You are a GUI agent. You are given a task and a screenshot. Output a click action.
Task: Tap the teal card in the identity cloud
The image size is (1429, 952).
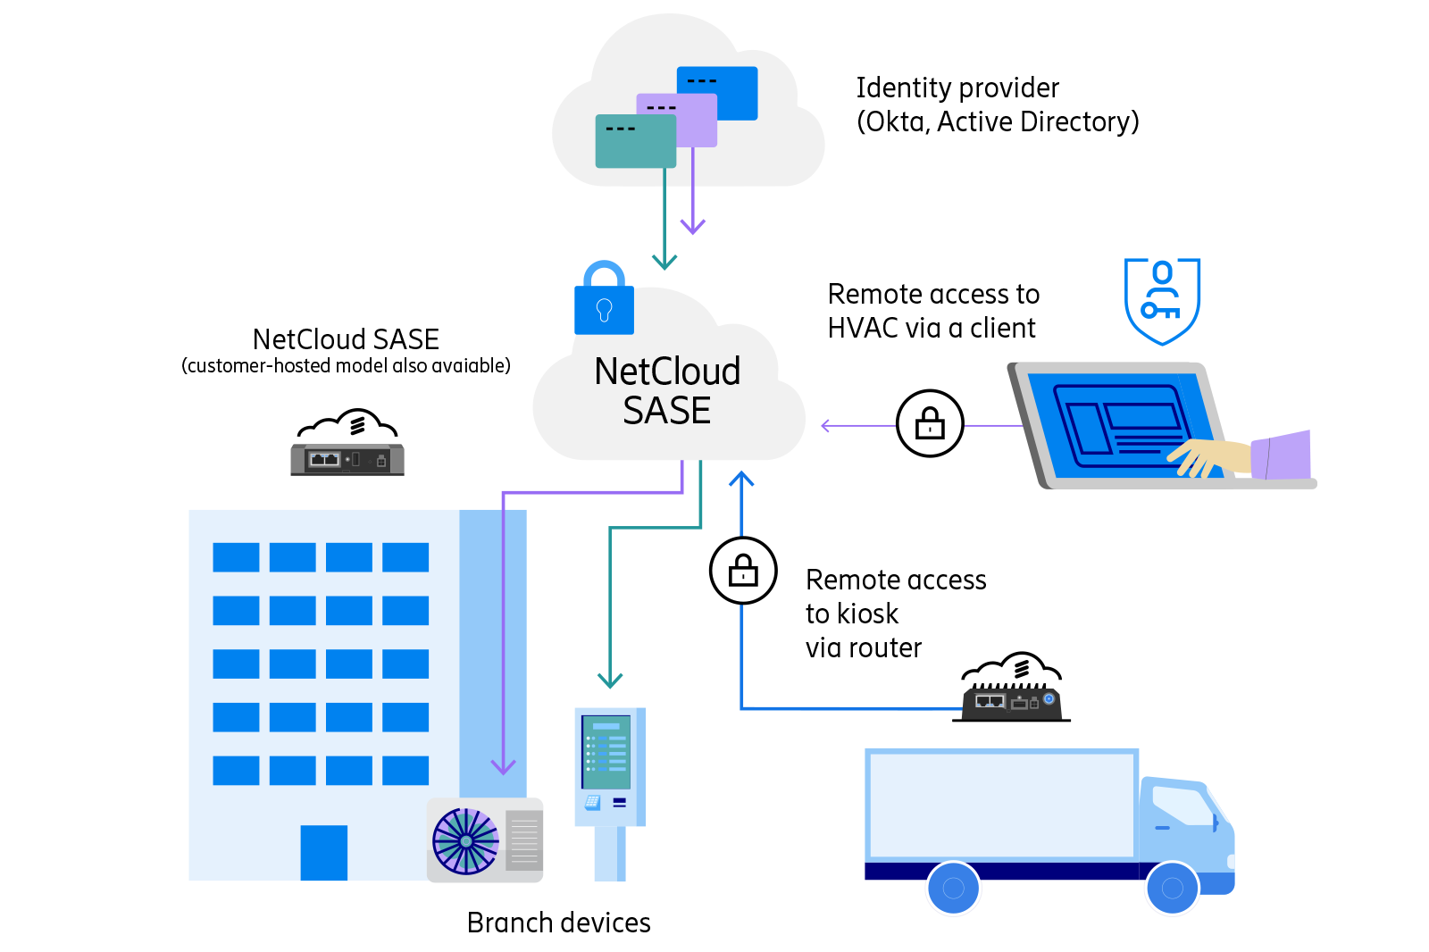tap(635, 141)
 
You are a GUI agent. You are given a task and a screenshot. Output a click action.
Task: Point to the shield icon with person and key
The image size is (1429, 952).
tap(1161, 301)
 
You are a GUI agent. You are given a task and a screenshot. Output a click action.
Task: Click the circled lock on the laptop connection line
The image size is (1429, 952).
tap(930, 423)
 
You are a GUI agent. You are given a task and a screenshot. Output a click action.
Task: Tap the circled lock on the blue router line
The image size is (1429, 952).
tap(743, 571)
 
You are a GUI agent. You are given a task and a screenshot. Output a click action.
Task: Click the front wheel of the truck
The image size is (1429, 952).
tap(1172, 888)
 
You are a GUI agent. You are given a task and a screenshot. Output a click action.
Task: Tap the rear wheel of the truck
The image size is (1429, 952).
tap(953, 888)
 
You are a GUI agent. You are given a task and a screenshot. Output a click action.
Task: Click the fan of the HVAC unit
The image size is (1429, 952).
tap(465, 841)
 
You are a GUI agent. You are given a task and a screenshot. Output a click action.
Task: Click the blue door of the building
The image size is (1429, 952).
tap(323, 853)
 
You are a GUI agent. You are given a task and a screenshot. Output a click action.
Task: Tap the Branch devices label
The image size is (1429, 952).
tap(558, 923)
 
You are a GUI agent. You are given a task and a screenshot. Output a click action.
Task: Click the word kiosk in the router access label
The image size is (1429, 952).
tap(868, 614)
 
